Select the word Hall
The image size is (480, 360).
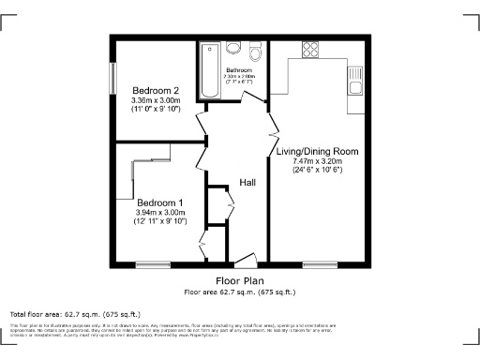[247, 182]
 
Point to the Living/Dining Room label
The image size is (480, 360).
[318, 150]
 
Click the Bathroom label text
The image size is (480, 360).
[240, 70]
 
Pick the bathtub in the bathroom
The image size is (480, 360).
[207, 70]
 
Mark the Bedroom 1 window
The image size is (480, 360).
[149, 264]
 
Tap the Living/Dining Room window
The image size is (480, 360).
[320, 264]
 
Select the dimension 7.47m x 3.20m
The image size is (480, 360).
[318, 161]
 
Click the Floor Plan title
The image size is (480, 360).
[240, 281]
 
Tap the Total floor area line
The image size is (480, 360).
[74, 313]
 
